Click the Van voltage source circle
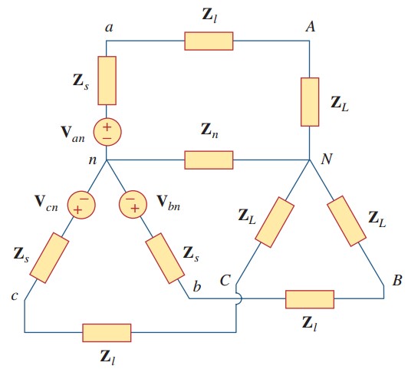coord(107,132)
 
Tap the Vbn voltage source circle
coord(133,205)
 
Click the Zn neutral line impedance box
coord(209,160)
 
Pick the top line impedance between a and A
coord(209,41)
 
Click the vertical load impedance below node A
coord(309,101)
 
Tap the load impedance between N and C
coord(271,223)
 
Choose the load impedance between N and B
coord(347,222)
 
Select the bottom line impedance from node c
coord(107,332)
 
